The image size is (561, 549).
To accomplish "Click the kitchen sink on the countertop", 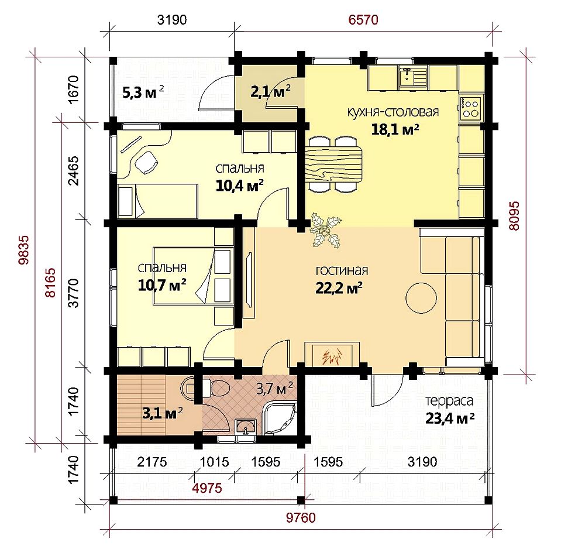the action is click(412, 77).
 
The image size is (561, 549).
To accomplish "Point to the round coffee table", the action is click(421, 298).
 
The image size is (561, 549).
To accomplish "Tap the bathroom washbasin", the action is click(246, 427).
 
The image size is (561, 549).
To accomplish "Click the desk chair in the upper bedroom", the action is click(146, 162).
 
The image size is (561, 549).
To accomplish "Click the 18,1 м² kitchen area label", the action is click(395, 129).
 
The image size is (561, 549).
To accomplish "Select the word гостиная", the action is click(342, 270).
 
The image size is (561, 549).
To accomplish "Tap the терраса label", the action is click(449, 402).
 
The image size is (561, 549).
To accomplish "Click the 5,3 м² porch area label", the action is click(143, 92).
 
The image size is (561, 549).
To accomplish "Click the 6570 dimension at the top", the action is click(363, 20).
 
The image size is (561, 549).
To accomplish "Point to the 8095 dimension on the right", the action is click(514, 216).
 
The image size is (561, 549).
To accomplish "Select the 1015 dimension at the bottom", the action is click(214, 462).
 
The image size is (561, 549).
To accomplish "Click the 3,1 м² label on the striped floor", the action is click(163, 413).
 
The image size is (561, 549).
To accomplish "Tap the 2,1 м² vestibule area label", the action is click(270, 92).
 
